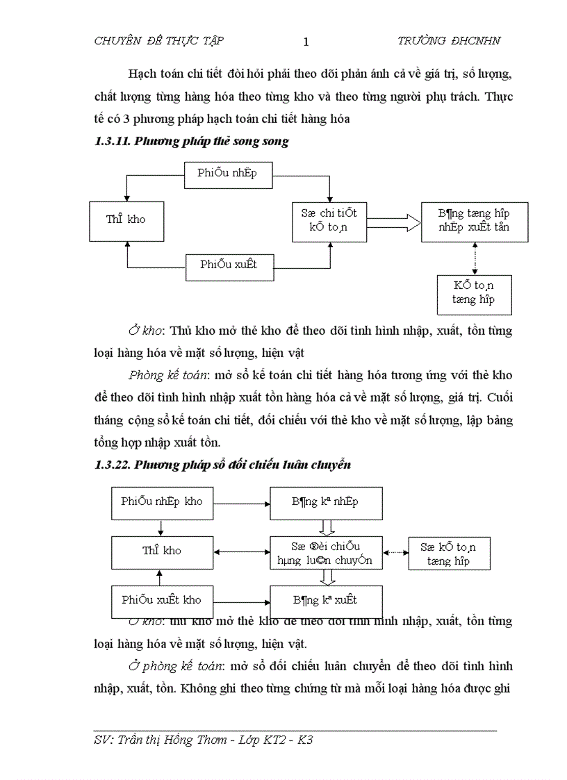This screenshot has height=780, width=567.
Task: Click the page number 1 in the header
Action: (x=306, y=42)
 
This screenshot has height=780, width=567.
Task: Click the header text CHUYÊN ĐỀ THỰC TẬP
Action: (x=158, y=41)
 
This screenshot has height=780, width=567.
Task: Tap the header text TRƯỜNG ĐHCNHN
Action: (x=448, y=41)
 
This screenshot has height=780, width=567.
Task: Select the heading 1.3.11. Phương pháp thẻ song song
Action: (x=191, y=141)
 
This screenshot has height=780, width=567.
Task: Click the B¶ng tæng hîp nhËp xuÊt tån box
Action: (x=475, y=222)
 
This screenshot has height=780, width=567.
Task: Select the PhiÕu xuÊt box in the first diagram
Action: (x=228, y=266)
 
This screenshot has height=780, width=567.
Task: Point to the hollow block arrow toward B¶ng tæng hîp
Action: (x=393, y=222)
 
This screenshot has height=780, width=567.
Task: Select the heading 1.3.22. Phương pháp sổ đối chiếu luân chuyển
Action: (x=222, y=465)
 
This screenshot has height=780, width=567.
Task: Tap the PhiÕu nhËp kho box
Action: (x=162, y=502)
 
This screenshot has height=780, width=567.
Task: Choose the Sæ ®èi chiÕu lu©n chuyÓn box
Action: (x=325, y=553)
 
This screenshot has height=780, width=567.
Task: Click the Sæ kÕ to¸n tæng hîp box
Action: (x=452, y=554)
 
